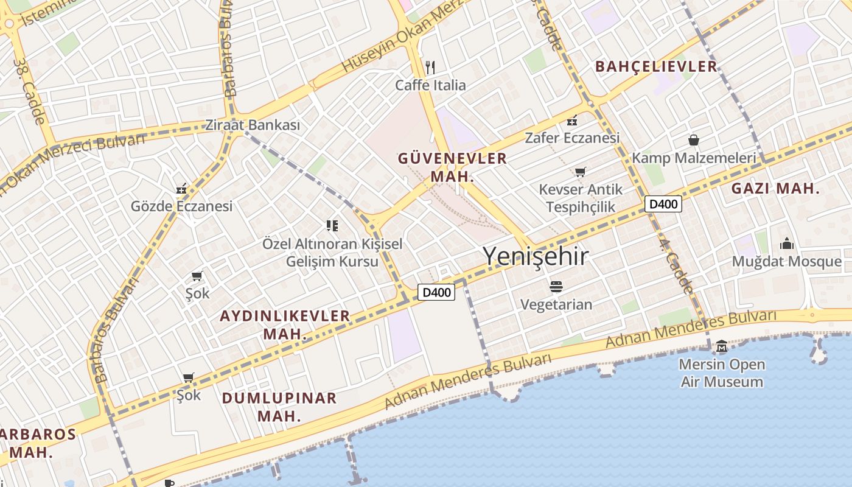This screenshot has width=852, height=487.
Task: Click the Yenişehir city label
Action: (x=536, y=256)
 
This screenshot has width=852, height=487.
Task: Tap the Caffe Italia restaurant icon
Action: (x=430, y=66)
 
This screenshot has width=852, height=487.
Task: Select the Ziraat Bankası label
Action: (x=253, y=125)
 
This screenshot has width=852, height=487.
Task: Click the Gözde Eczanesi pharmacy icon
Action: (x=181, y=189)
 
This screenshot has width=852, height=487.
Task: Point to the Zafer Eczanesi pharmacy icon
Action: (x=572, y=121)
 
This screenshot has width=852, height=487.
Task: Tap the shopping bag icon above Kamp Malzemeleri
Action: (x=693, y=141)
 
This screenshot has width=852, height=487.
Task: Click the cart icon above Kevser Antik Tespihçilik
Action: (x=580, y=172)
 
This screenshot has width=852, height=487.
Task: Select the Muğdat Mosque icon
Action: (x=787, y=244)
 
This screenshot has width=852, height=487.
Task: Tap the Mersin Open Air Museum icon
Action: (x=722, y=346)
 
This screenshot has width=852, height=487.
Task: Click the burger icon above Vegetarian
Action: (x=556, y=286)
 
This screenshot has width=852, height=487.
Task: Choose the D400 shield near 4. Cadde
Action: (x=663, y=205)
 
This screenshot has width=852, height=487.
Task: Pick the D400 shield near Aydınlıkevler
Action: (x=436, y=293)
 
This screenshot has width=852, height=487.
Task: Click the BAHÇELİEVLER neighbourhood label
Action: (x=656, y=66)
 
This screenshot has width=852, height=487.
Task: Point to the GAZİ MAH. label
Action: (x=775, y=189)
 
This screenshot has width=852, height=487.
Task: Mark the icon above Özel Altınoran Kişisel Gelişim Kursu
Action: (x=332, y=226)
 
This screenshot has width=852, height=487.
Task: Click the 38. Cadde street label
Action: (x=29, y=91)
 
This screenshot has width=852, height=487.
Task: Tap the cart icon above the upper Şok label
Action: (x=197, y=276)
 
